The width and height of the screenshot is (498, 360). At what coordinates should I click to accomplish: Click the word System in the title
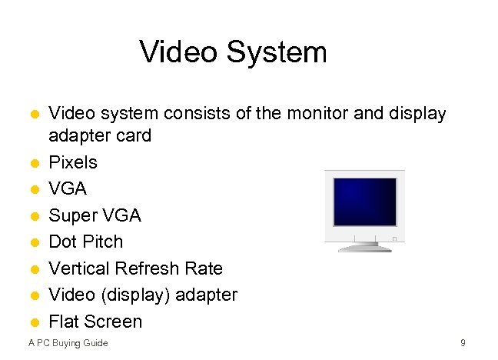[x=280, y=52]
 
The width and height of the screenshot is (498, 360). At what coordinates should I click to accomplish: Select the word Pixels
[x=73, y=162]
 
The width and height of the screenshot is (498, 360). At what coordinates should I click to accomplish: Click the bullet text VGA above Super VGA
[x=68, y=188]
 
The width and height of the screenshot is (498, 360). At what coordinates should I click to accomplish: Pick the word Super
[x=71, y=215]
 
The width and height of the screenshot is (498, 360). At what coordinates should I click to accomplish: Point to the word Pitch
[x=104, y=242]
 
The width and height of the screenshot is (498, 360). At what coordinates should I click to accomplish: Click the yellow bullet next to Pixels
[x=35, y=163]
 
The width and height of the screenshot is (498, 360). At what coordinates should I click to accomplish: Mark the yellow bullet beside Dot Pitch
[x=35, y=242]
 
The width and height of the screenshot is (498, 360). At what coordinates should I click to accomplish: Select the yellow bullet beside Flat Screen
[x=35, y=322]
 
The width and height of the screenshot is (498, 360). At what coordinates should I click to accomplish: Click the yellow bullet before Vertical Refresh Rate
[x=35, y=269]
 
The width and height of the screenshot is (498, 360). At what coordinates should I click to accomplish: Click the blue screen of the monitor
[x=365, y=201]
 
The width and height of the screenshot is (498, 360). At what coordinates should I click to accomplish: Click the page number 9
[x=463, y=342]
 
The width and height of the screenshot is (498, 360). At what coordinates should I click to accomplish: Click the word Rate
[x=206, y=268]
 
